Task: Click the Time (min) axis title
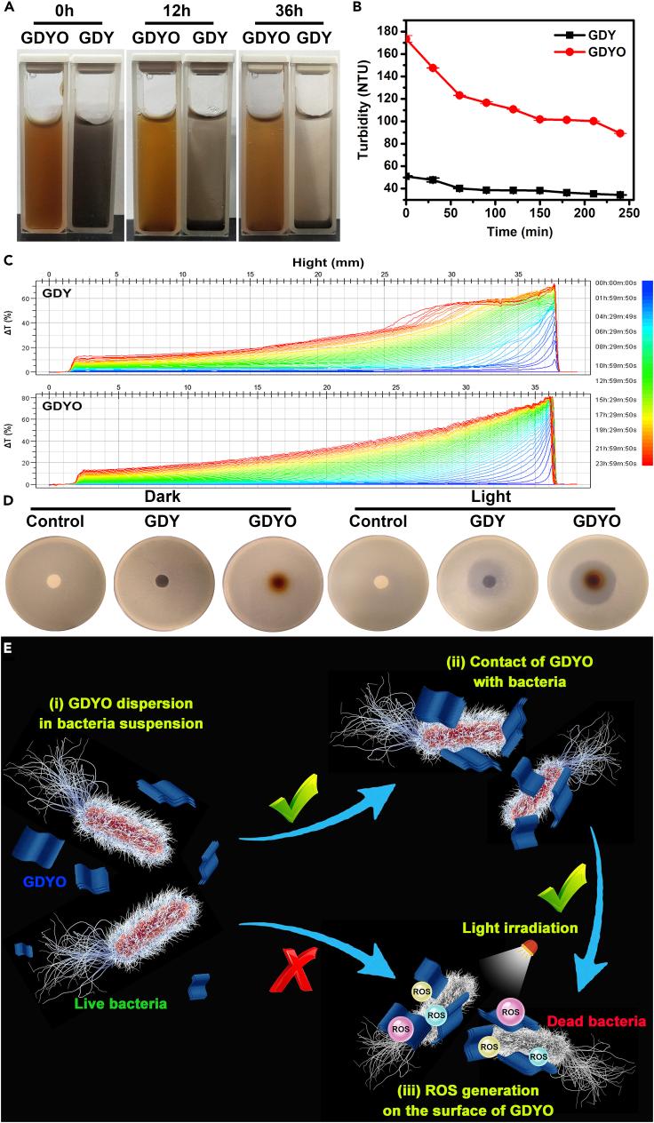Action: (516, 231)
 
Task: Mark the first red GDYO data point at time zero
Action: (407, 39)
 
